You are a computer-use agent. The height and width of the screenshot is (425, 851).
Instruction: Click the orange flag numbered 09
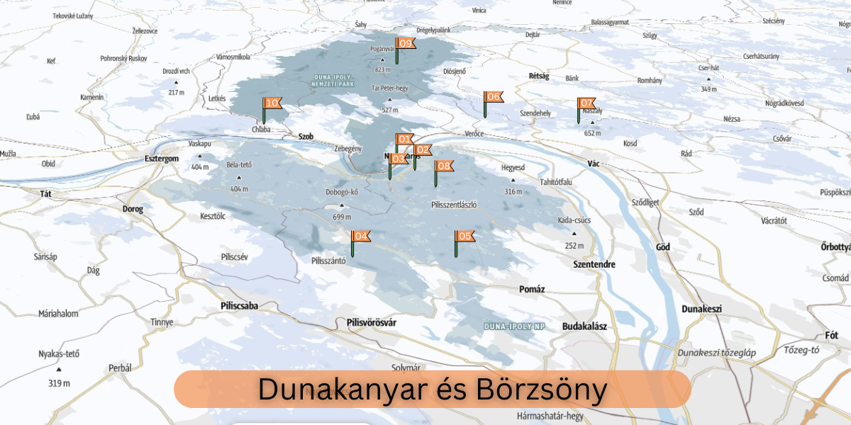(x=406, y=43)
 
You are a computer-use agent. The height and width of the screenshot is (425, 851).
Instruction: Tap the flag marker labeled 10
(x=272, y=103)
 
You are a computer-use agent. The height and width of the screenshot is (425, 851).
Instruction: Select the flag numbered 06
(x=494, y=97)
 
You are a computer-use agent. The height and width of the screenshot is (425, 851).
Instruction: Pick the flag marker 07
(x=587, y=103)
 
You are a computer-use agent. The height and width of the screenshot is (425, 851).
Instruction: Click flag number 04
(x=360, y=237)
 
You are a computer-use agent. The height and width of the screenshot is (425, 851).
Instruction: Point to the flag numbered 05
(x=465, y=237)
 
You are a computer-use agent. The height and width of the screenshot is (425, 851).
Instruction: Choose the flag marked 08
(x=445, y=166)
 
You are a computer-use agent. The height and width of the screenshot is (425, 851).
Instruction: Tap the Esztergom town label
(x=161, y=159)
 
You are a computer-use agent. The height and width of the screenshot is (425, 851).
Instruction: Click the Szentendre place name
(x=594, y=263)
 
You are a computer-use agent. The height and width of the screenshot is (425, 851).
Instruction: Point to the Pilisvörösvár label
(x=372, y=322)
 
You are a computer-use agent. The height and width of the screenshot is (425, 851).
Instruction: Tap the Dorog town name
(x=133, y=209)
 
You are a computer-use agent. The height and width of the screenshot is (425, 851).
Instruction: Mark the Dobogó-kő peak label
(x=341, y=192)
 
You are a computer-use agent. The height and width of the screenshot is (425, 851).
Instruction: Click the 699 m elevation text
(x=342, y=217)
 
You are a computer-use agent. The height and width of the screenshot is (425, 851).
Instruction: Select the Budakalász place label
(x=584, y=326)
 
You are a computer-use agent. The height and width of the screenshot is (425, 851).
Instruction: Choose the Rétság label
(x=539, y=76)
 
